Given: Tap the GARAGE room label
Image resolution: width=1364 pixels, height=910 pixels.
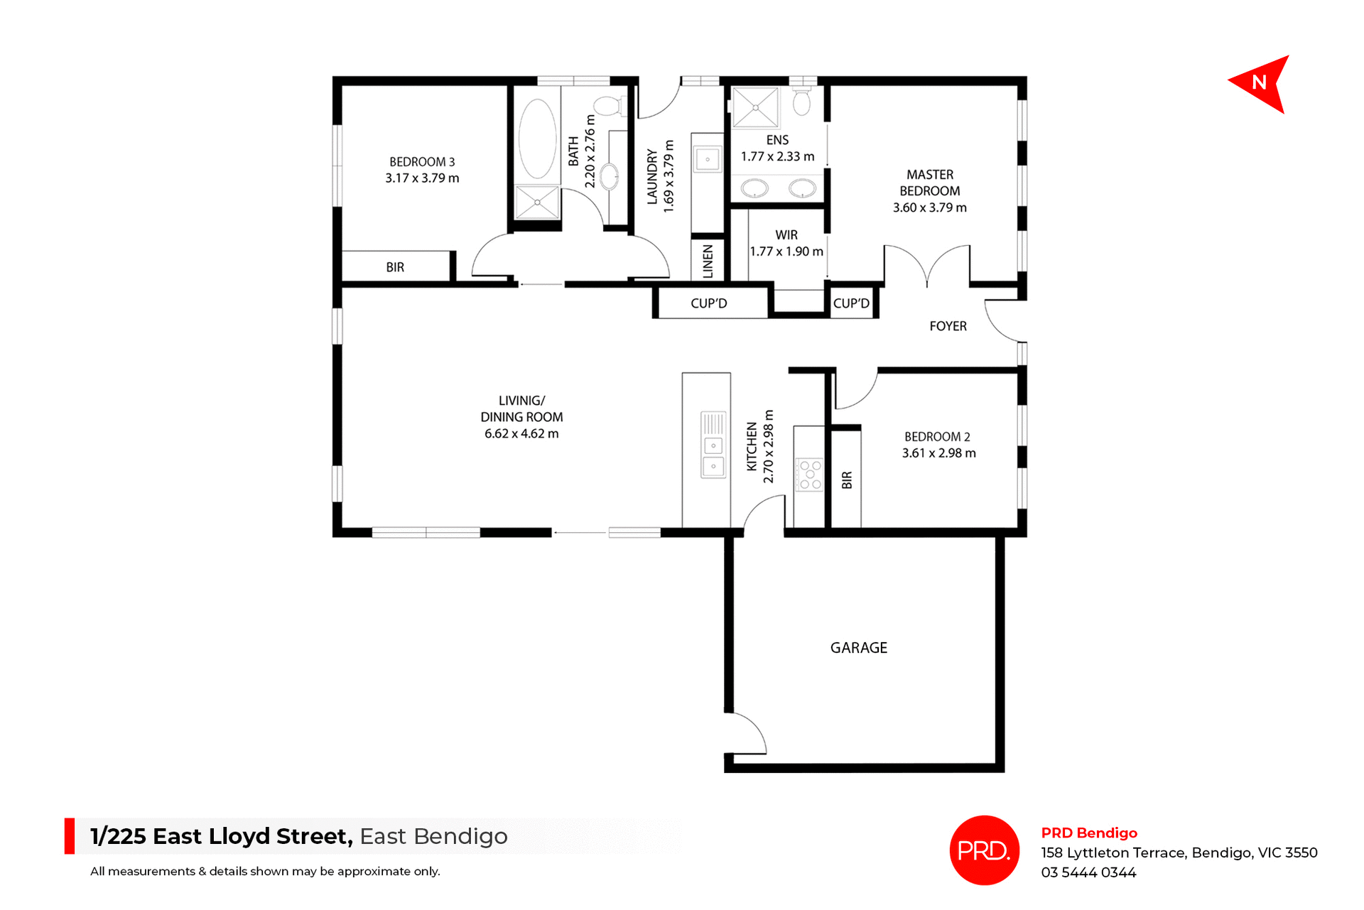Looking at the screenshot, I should (x=858, y=648).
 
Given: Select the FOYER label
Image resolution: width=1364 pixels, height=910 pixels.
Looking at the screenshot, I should (x=948, y=326).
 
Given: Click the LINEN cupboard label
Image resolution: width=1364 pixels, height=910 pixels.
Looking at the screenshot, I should (x=708, y=261).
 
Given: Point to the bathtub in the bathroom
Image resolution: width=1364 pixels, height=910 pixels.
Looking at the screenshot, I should (x=537, y=139).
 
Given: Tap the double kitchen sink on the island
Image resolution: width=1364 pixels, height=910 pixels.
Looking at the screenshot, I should (x=713, y=455).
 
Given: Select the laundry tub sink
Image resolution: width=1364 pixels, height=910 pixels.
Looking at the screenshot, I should (x=708, y=158).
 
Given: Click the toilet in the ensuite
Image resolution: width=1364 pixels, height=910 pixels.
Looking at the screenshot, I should (x=802, y=102).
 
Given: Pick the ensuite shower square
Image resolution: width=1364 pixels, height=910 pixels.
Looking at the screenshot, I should (x=755, y=108).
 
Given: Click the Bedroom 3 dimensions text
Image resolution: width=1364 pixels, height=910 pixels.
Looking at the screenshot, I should (x=422, y=178).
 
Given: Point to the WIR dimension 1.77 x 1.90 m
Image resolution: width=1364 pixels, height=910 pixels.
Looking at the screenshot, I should (x=786, y=251).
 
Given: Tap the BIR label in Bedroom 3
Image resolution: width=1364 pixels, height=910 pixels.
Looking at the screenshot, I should (x=395, y=267).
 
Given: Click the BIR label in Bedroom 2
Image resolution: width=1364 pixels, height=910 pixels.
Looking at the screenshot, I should (x=846, y=480).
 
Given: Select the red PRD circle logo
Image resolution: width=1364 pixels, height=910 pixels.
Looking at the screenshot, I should (x=984, y=850).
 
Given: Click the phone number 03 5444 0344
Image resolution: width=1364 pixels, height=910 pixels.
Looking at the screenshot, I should (x=1088, y=872).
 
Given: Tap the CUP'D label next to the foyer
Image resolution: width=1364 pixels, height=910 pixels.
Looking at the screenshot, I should (x=851, y=303).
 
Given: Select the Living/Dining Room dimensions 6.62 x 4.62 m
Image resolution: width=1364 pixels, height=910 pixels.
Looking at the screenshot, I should (x=521, y=433).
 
